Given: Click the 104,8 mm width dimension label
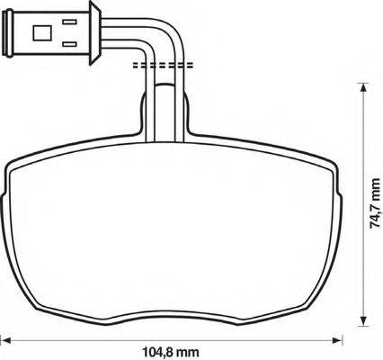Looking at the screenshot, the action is point(170,352).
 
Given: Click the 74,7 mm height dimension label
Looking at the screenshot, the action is point(375,203).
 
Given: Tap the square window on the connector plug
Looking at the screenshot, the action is point(42,33).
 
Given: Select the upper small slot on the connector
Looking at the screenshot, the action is point(69,22).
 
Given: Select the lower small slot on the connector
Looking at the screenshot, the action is point(69,44).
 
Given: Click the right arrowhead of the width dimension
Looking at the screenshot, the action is point(337,340).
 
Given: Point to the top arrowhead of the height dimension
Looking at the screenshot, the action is point(363,87).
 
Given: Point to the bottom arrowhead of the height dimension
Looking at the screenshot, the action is point(363,321).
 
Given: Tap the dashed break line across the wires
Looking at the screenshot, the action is point(163,65).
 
